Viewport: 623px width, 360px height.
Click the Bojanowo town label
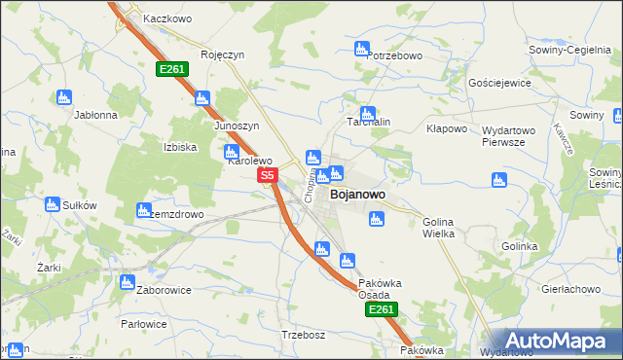[x=357, y=195]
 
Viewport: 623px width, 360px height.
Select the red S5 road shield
[x=269, y=176]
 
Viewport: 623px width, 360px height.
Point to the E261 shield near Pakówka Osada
[x=381, y=309]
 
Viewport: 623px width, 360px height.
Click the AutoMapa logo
[x=554, y=340]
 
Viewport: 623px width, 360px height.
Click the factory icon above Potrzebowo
[x=362, y=48]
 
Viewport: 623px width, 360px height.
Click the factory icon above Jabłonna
[x=64, y=96]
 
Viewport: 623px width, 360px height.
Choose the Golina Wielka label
[x=442, y=228]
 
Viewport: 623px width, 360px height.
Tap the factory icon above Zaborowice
[x=127, y=282]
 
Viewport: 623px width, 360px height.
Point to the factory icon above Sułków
[x=53, y=204]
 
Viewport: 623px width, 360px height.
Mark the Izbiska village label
[x=179, y=147]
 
